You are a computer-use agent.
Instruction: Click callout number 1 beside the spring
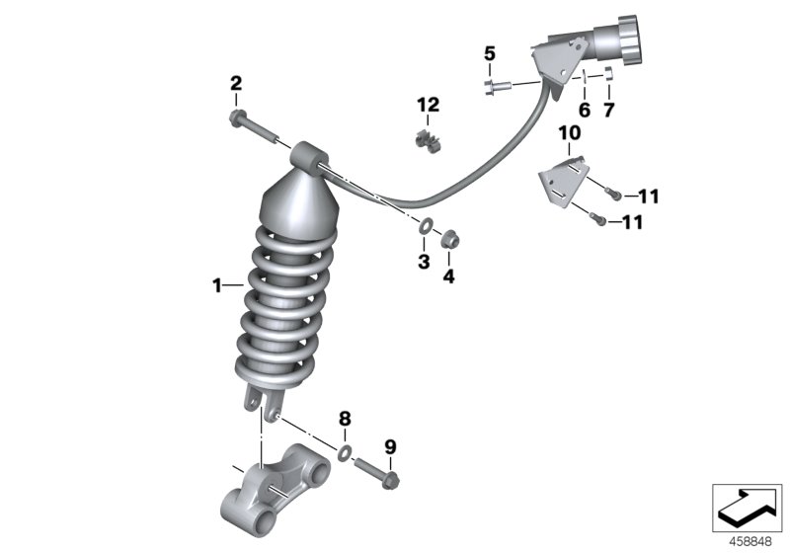point(215,286)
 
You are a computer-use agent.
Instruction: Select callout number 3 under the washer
point(422,262)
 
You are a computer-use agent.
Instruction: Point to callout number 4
point(448,276)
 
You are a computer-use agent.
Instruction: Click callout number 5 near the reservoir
point(489,53)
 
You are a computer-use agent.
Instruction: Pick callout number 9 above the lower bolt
point(389,448)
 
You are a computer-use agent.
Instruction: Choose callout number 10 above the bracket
point(571,133)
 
